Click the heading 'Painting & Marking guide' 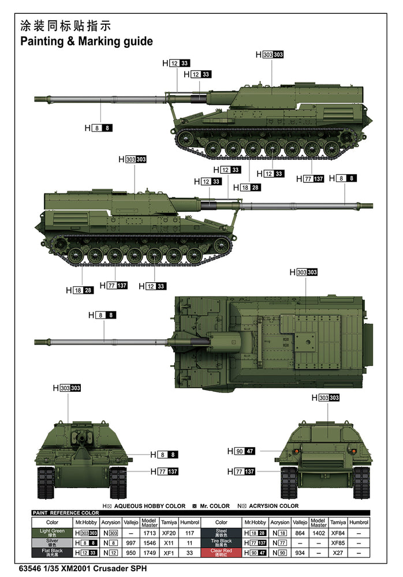point(87,42)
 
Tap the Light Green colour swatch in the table point(52,533)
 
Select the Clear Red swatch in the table point(221,553)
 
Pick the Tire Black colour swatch point(221,543)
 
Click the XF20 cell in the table point(169,533)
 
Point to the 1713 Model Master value point(149,533)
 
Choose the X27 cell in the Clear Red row point(338,553)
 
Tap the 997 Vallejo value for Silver point(130,543)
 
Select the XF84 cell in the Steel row point(338,533)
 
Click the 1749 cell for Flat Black point(149,553)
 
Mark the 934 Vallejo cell point(300,553)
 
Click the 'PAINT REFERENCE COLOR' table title point(66,512)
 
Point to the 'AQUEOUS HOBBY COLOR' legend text point(150,506)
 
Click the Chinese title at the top point(65,26)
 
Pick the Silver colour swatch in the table point(52,543)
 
